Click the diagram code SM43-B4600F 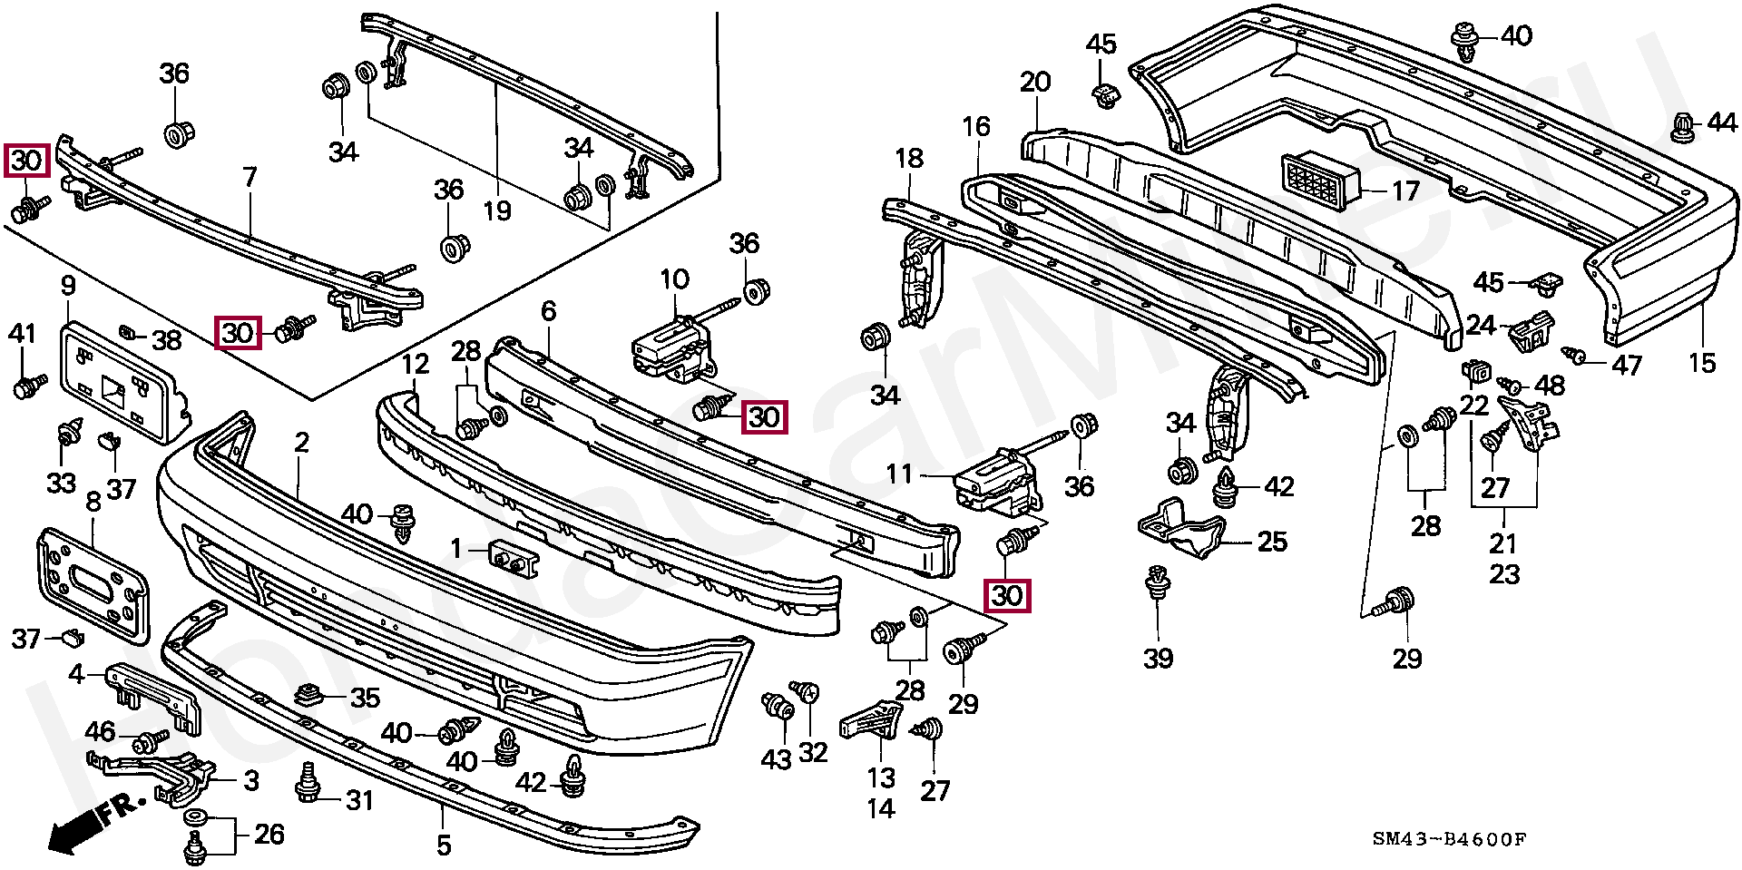click(x=1449, y=839)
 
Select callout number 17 click(x=1405, y=191)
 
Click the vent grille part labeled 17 click(x=1320, y=181)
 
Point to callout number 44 click(x=1720, y=122)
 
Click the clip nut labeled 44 click(x=1681, y=127)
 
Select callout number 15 click(x=1702, y=363)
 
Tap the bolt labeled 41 click(x=28, y=386)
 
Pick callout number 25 click(x=1272, y=542)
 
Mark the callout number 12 click(x=415, y=365)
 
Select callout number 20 click(x=1034, y=82)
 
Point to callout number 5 click(x=443, y=846)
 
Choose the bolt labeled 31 click(x=308, y=783)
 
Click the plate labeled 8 click(x=91, y=579)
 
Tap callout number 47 click(x=1626, y=365)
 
